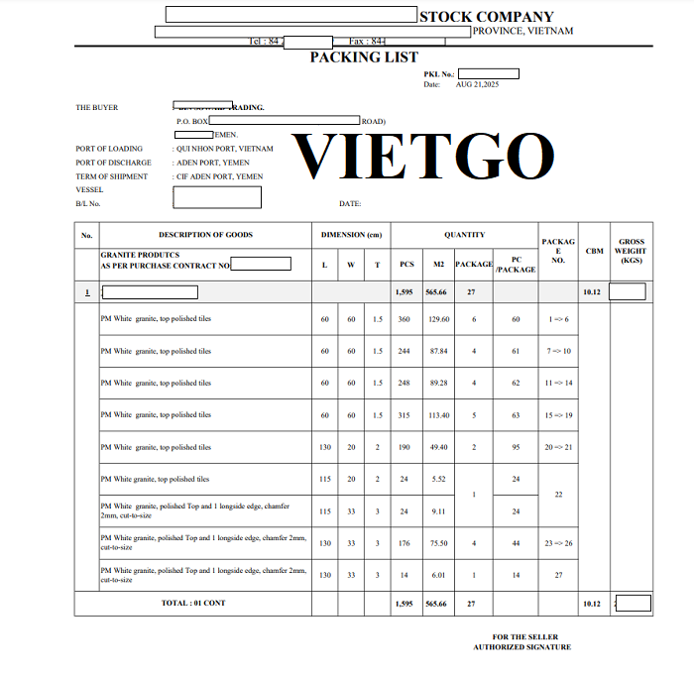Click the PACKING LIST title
(x=364, y=57)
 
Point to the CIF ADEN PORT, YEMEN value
(x=220, y=176)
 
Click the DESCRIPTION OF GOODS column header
(x=205, y=235)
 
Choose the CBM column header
(x=594, y=251)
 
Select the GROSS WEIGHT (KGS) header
(x=631, y=251)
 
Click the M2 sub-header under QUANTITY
(x=438, y=265)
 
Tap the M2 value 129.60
(x=438, y=319)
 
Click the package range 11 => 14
(x=559, y=383)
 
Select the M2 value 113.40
(x=438, y=415)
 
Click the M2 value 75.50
(x=438, y=543)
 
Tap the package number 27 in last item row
(x=558, y=575)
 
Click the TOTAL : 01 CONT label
(x=193, y=603)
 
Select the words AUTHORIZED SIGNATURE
(x=521, y=647)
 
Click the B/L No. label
(x=88, y=203)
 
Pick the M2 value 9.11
(x=438, y=511)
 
